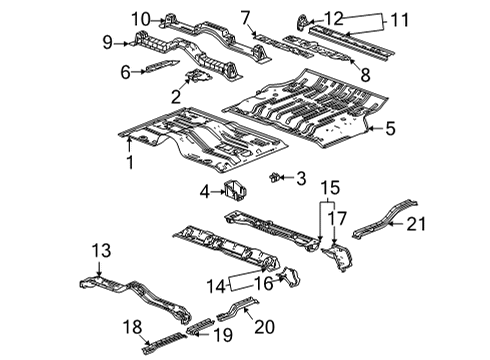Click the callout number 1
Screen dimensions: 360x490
click(128, 161)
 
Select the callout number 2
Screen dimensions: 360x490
click(176, 97)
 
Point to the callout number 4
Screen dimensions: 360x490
click(205, 190)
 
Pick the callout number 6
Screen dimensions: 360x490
click(126, 71)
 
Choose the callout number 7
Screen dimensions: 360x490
click(245, 16)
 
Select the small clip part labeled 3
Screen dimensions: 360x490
click(273, 178)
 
